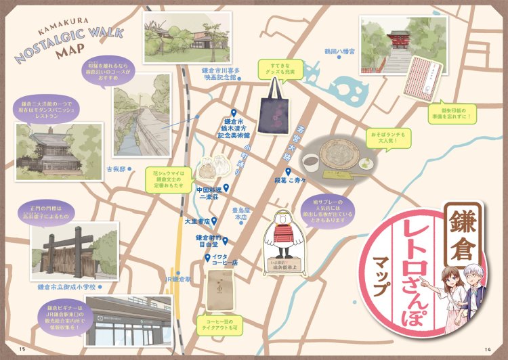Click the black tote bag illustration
[x=273, y=108]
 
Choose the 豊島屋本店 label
[x=240, y=214]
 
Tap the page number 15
[x=22, y=349]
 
